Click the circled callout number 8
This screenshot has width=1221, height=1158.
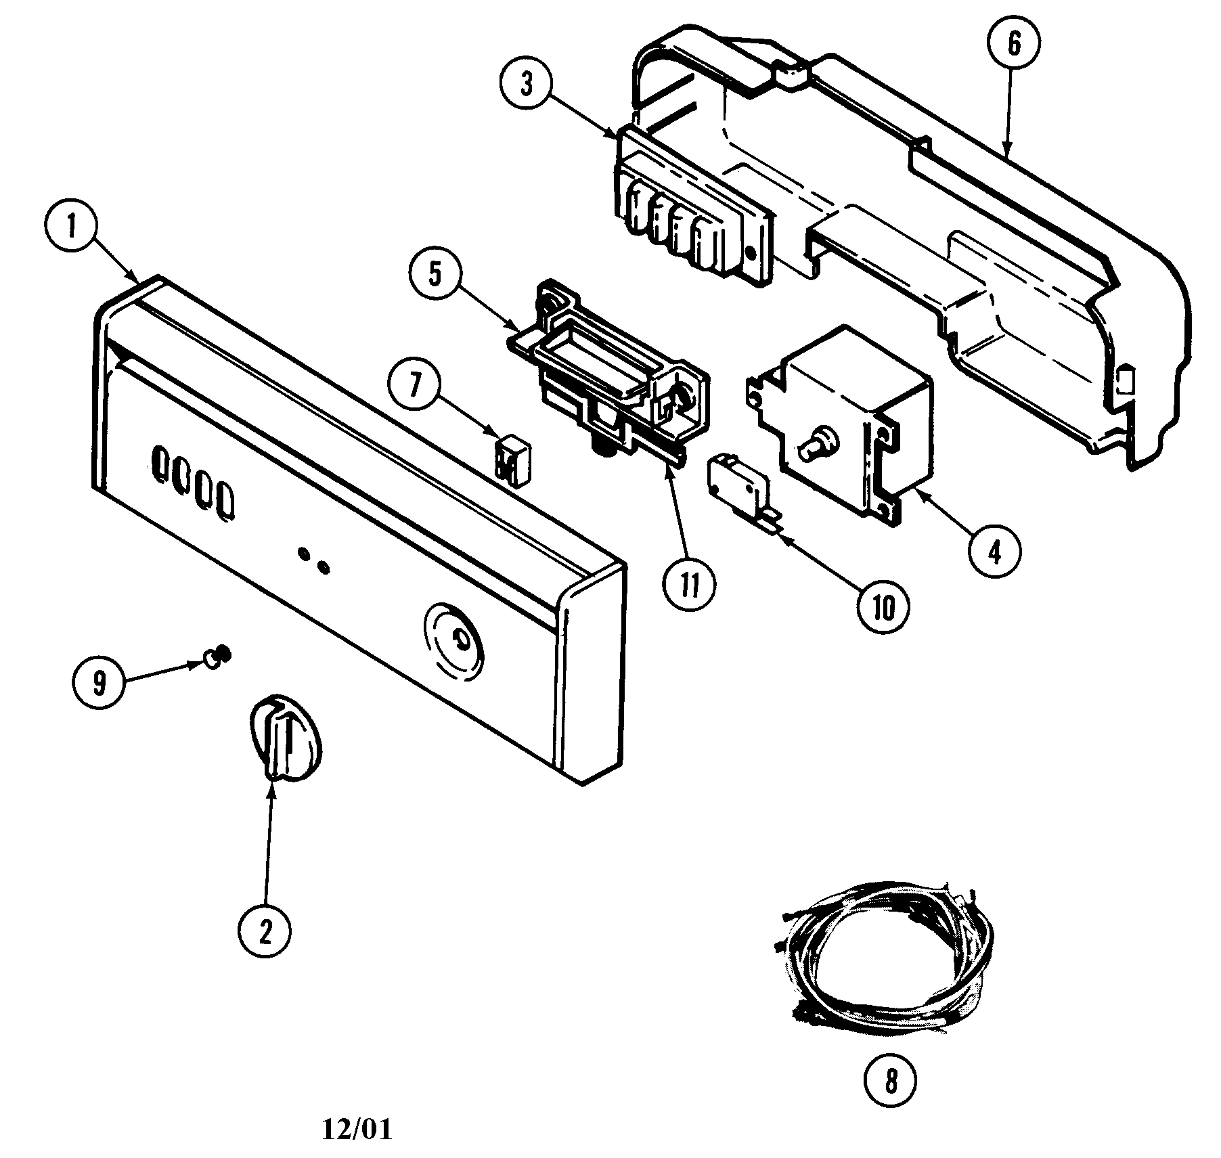pos(891,1081)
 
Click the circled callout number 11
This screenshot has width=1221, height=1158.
pos(689,586)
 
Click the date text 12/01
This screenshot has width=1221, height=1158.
pos(356,1129)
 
